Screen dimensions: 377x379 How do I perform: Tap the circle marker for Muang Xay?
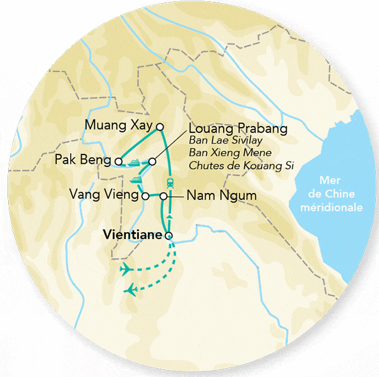point(160,126)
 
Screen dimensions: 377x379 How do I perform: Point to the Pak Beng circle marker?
point(118,161)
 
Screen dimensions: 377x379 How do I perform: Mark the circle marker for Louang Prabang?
point(152,161)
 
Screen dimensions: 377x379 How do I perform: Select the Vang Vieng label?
point(104,195)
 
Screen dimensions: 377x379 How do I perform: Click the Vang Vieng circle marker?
point(145,196)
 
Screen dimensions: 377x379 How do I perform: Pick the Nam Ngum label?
point(221,196)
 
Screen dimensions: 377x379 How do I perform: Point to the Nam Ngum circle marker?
point(164,196)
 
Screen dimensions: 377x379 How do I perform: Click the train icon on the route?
point(170,182)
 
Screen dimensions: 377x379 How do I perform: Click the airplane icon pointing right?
point(126,270)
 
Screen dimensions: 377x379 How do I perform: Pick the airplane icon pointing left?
point(131,290)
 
